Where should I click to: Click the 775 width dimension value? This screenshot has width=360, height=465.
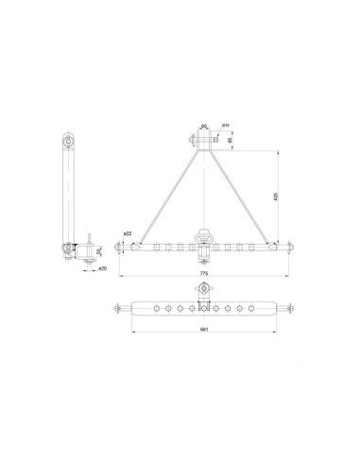pos(201,274)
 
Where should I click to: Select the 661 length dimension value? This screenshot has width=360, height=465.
pos(203,329)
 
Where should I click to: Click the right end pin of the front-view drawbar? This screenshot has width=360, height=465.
pos(284,249)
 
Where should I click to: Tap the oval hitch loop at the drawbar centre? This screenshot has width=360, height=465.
pos(201,235)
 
